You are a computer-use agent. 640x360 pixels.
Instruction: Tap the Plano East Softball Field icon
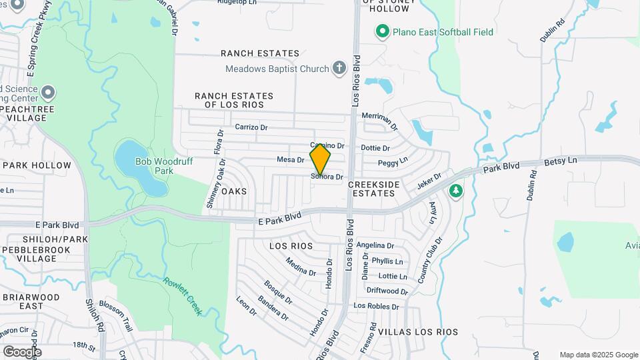click(x=382, y=31)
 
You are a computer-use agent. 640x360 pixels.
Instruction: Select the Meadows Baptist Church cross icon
click(x=339, y=68)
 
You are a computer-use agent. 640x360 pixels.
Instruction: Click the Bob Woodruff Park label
click(x=155, y=166)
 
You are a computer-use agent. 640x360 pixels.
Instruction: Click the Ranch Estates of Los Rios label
click(x=229, y=100)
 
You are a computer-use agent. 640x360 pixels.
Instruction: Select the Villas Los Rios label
click(x=418, y=331)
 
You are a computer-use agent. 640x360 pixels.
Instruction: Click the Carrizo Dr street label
click(x=251, y=127)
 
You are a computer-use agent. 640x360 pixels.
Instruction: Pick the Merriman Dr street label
click(x=379, y=121)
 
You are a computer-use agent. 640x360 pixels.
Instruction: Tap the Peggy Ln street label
click(x=393, y=161)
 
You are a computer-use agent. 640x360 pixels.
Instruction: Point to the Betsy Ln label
click(x=560, y=160)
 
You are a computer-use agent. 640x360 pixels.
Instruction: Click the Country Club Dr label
click(x=430, y=261)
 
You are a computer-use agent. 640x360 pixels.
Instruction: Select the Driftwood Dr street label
click(x=387, y=291)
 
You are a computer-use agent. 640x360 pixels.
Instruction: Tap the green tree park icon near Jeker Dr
click(x=456, y=191)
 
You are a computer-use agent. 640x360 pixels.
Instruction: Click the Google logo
click(x=22, y=351)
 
